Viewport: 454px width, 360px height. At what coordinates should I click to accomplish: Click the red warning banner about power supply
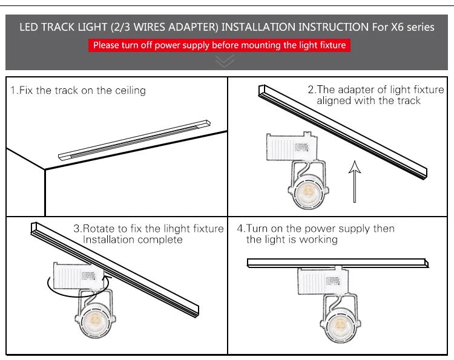219,45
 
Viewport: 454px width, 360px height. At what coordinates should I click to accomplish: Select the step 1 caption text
78,91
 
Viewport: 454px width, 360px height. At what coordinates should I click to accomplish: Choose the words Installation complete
133,240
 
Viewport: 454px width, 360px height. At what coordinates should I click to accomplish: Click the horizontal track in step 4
337,262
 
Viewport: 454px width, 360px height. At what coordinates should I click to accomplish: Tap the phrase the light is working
292,240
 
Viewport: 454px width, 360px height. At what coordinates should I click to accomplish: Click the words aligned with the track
368,100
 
